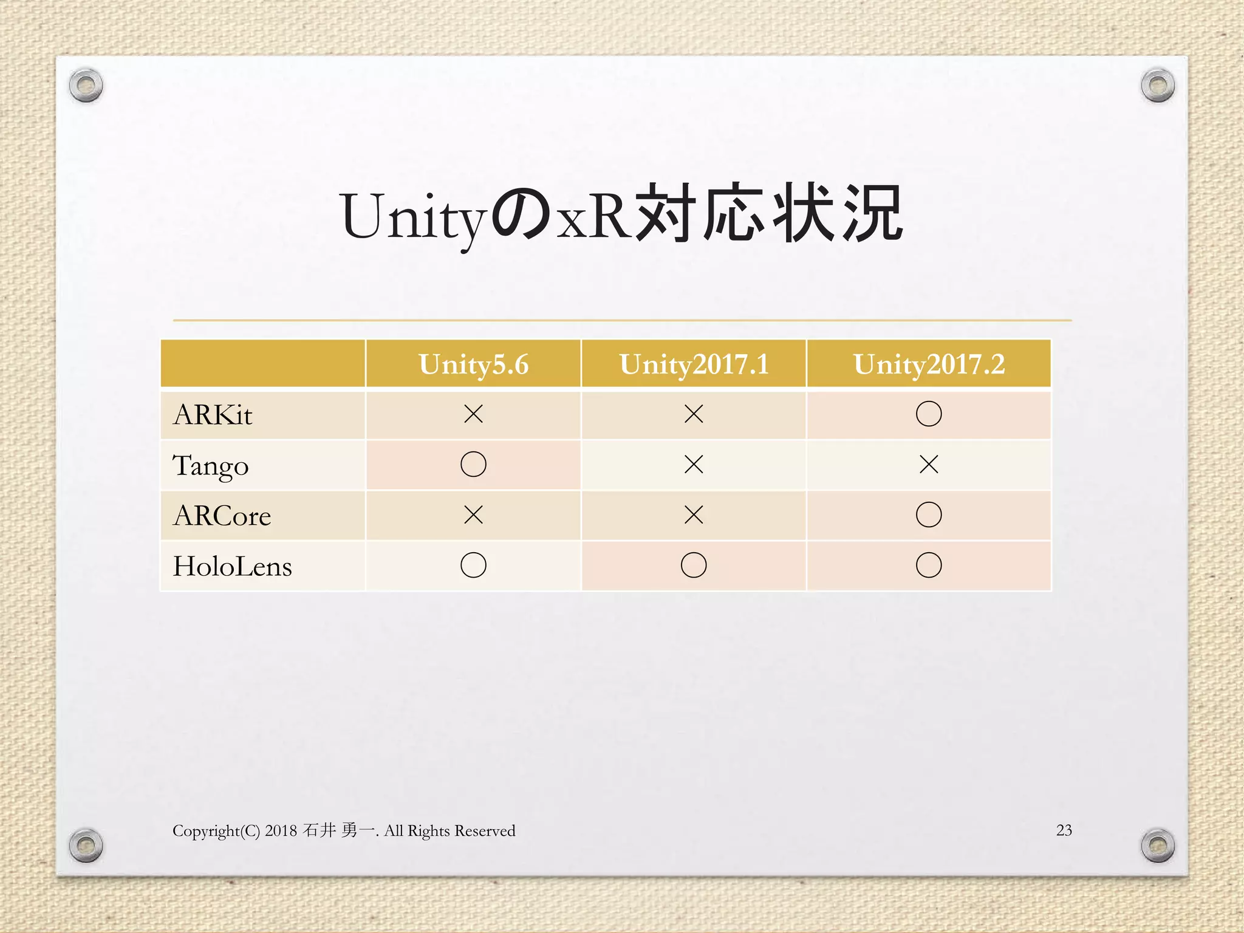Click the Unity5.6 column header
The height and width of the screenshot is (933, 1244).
click(x=473, y=364)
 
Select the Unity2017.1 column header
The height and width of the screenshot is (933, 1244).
click(x=694, y=364)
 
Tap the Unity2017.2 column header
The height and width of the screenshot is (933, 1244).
click(x=929, y=364)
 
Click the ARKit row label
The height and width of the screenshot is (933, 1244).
click(x=213, y=415)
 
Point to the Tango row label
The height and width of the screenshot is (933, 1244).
click(x=211, y=466)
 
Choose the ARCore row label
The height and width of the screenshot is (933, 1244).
click(x=222, y=516)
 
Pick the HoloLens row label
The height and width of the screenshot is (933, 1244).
click(x=233, y=566)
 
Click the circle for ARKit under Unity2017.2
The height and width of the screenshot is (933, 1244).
click(x=929, y=414)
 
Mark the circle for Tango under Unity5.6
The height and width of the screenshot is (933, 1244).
click(x=473, y=465)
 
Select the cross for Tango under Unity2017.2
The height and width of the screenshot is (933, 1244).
click(x=929, y=465)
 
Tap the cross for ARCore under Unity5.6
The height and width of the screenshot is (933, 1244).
click(x=473, y=515)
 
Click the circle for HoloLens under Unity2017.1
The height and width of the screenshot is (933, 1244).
click(x=694, y=566)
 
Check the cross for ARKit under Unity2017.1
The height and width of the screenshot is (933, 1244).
click(x=694, y=414)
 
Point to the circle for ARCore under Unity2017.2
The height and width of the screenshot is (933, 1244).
click(x=929, y=515)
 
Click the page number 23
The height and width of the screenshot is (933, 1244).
click(x=1064, y=830)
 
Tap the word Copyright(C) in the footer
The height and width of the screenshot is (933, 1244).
click(x=216, y=831)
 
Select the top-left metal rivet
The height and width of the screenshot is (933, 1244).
click(x=86, y=85)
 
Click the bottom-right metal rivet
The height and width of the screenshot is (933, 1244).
click(x=1158, y=845)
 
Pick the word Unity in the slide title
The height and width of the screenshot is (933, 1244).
click(x=413, y=217)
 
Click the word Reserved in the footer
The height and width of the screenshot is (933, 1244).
click(x=485, y=831)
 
